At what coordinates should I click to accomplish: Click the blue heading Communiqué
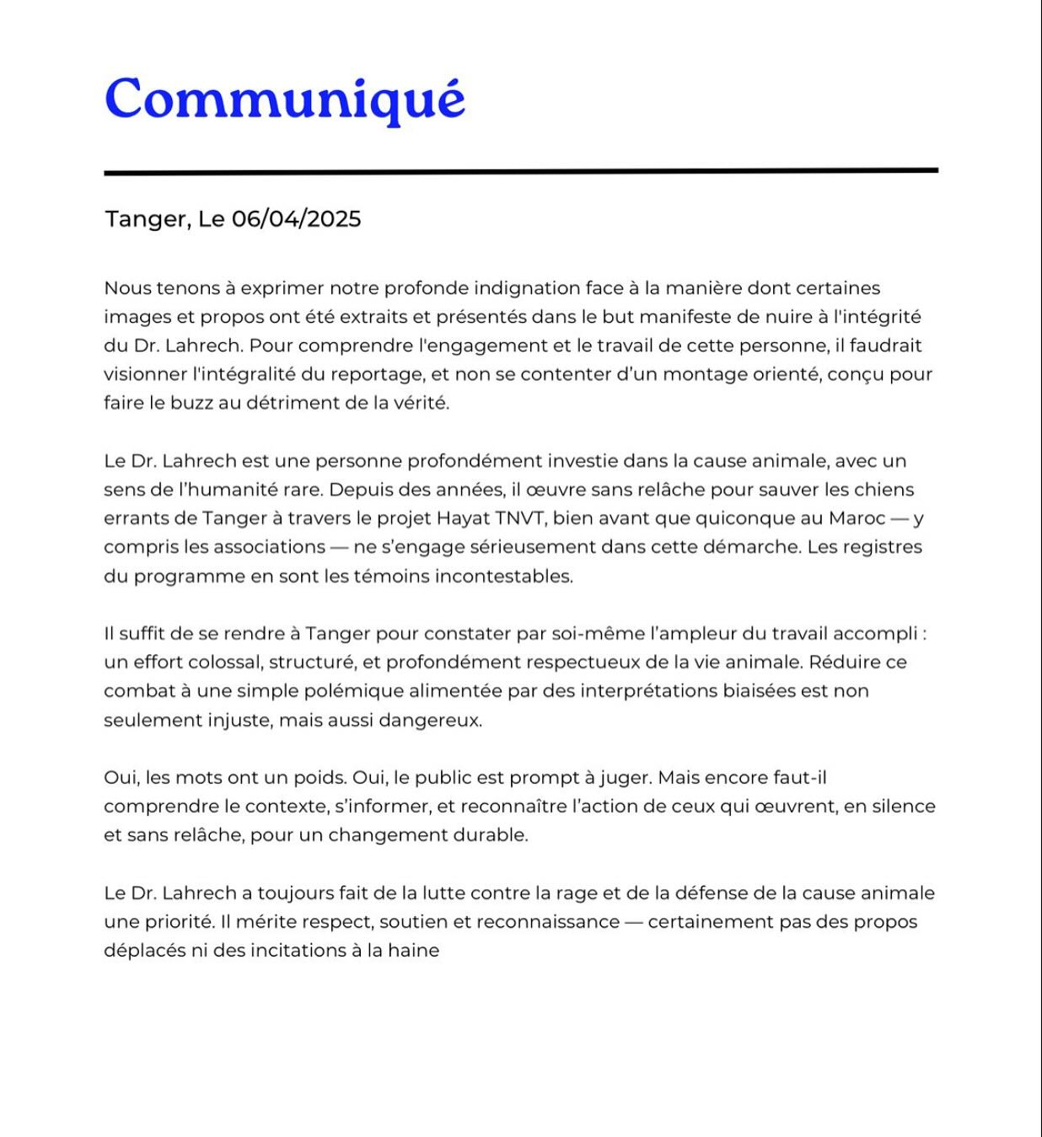tap(284, 99)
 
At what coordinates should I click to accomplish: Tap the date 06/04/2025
tap(296, 219)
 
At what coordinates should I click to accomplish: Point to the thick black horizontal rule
tap(520, 171)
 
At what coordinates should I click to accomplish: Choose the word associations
tap(269, 547)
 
